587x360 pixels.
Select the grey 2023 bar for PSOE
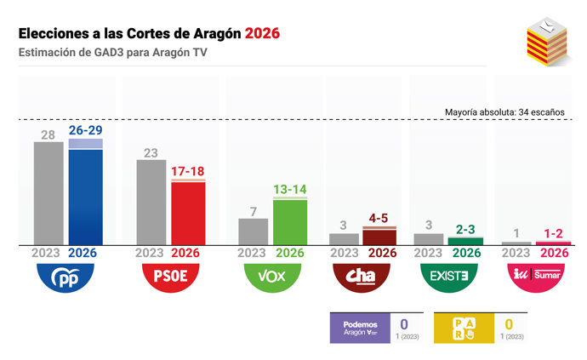151,203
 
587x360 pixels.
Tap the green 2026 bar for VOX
289,222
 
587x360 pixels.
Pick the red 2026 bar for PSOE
188,213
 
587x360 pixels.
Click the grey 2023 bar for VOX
254,231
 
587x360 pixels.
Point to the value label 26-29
85,129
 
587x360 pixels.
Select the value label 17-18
188,171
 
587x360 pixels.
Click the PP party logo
66,276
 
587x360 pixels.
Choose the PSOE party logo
169,276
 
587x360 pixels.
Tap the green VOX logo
271,276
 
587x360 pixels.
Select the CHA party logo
362,276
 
